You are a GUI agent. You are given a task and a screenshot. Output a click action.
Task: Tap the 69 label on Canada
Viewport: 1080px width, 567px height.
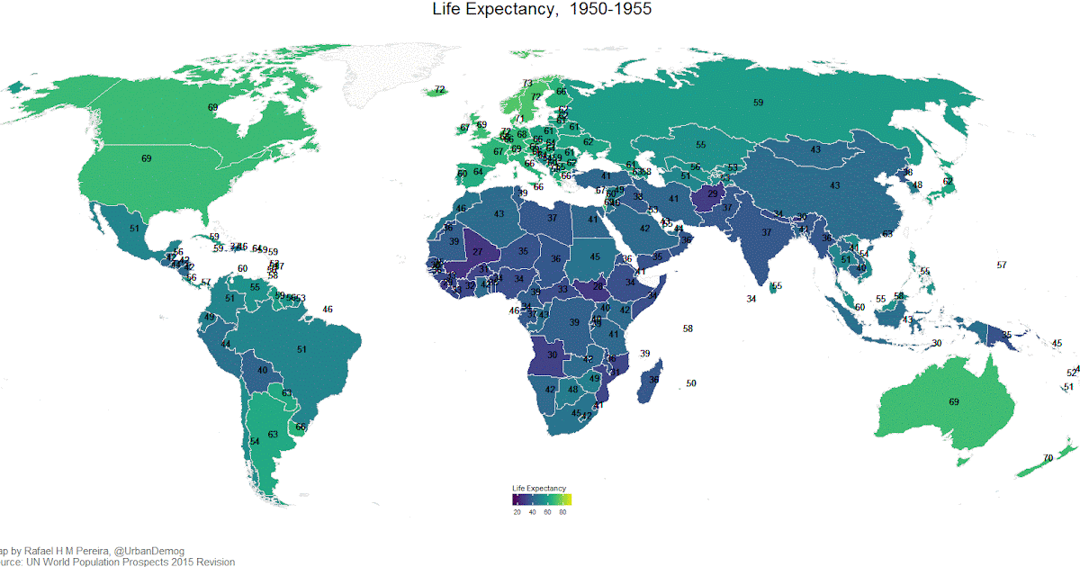coord(212,108)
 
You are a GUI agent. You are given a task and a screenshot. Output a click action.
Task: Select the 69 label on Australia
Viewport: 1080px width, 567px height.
coord(954,401)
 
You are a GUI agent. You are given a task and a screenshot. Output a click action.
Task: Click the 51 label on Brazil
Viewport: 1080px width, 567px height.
coord(301,349)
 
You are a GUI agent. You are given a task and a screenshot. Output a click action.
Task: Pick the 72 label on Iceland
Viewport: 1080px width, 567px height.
coord(439,90)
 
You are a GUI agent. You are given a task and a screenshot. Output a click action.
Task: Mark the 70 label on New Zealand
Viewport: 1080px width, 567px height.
coord(1048,458)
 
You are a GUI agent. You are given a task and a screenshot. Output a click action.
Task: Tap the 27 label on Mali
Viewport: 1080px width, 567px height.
coord(478,252)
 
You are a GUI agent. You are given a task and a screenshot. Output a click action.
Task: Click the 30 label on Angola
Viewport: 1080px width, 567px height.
coord(553,355)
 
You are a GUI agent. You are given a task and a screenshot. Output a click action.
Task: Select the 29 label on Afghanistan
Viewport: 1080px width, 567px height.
coord(712,193)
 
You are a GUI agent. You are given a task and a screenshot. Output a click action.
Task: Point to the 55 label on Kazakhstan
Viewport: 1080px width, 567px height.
coord(700,145)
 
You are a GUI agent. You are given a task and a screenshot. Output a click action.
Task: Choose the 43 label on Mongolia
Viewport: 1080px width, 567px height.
coord(815,149)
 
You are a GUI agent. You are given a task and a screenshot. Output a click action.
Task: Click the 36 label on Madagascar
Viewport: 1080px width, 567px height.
coord(654,380)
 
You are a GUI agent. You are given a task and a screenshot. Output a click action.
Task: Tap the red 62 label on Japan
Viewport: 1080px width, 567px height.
coord(948,181)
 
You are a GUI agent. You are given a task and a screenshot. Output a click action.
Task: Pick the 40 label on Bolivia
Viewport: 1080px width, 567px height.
coord(263,370)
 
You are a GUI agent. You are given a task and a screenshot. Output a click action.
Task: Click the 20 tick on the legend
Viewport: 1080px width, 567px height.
coord(517,511)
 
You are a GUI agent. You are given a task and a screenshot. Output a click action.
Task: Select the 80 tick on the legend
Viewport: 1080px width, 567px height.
coord(562,511)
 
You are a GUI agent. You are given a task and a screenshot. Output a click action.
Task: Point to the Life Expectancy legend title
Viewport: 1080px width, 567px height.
coord(538,488)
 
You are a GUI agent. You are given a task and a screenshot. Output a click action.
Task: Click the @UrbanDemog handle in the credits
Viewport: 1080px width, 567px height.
coord(148,551)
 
